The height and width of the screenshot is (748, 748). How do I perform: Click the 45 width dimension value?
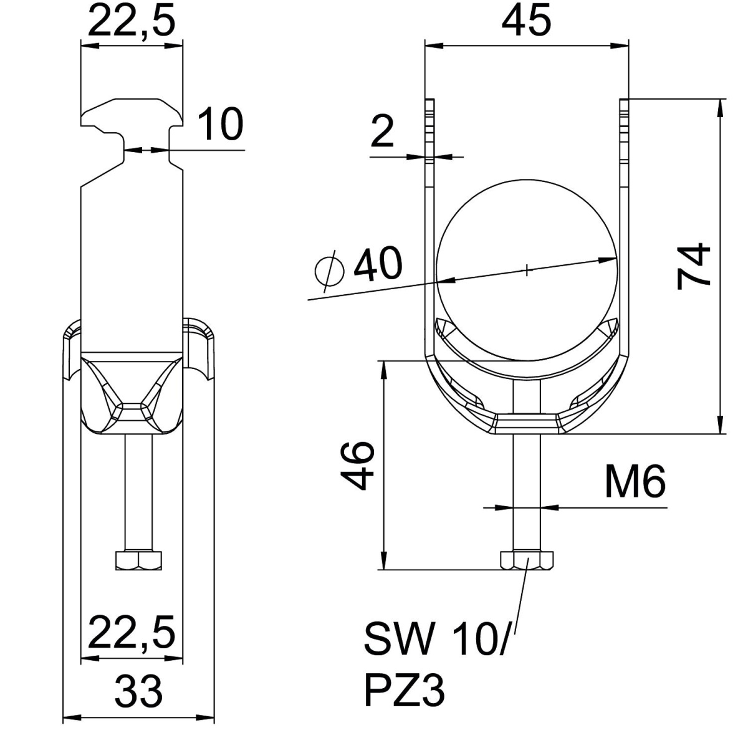526,19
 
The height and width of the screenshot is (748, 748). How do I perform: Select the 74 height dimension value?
693,267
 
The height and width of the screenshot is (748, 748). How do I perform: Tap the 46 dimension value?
357,466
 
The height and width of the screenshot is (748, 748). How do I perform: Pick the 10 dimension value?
220,124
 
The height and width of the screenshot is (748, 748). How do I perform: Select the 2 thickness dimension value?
382,132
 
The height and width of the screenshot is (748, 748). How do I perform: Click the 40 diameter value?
378,263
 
